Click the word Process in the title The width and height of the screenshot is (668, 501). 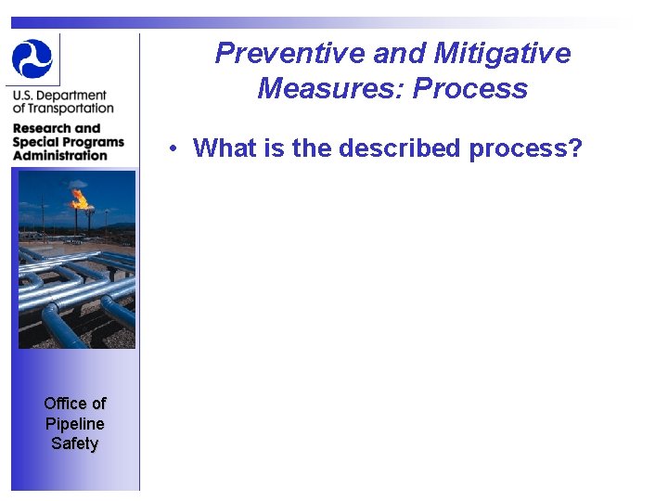pos(470,89)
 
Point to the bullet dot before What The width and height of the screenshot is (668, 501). pos(173,148)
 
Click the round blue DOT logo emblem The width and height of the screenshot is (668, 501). pos(33,58)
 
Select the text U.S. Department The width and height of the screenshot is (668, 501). pos(59,96)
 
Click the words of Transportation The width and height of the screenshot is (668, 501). pos(63,109)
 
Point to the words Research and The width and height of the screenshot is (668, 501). pos(57,128)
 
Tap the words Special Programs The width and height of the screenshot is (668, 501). pos(68,142)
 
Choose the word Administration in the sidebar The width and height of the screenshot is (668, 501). pos(60,155)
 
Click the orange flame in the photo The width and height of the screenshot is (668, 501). pos(80,197)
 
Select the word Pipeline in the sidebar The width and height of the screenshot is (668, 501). pos(74,424)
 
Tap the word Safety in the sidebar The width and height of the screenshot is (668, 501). pos(74,443)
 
